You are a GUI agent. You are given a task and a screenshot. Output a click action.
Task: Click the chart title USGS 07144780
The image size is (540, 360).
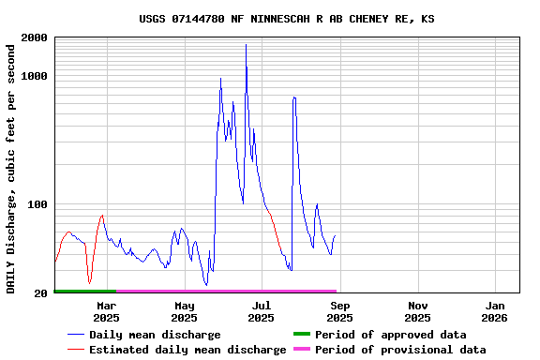click(x=286, y=19)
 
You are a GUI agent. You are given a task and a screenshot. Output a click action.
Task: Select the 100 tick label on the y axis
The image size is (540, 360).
click(x=38, y=204)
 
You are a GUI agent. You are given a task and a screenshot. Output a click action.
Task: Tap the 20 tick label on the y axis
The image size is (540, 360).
click(x=41, y=293)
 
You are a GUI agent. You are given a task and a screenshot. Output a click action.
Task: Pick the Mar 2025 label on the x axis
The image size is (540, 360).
click(x=107, y=311)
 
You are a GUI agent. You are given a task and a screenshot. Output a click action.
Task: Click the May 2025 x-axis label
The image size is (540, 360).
click(x=185, y=311)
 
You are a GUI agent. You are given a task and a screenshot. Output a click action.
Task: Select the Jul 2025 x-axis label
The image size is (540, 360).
click(x=262, y=311)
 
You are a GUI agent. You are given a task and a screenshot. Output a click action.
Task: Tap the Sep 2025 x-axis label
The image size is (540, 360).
click(x=340, y=311)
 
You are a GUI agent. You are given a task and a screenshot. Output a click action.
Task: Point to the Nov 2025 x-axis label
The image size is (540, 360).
click(x=418, y=311)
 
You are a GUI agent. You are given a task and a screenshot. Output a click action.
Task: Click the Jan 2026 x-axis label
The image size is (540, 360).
click(x=496, y=311)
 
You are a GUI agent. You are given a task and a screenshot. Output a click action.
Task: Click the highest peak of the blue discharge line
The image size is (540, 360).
click(x=246, y=45)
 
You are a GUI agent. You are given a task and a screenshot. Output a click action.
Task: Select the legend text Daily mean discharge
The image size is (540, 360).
click(x=155, y=335)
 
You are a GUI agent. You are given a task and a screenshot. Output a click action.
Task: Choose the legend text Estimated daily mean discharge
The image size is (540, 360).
click(x=187, y=350)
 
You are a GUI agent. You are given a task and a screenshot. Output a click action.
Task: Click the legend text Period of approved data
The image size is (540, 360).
click(x=390, y=335)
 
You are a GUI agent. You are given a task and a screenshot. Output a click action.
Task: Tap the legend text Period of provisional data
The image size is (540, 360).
click(x=400, y=350)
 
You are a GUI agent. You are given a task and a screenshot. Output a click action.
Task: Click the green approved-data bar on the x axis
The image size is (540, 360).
click(x=84, y=292)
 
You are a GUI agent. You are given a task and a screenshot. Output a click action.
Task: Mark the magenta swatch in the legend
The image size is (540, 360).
click(x=301, y=350)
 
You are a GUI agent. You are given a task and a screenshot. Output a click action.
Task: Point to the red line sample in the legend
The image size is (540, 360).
click(x=76, y=350)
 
